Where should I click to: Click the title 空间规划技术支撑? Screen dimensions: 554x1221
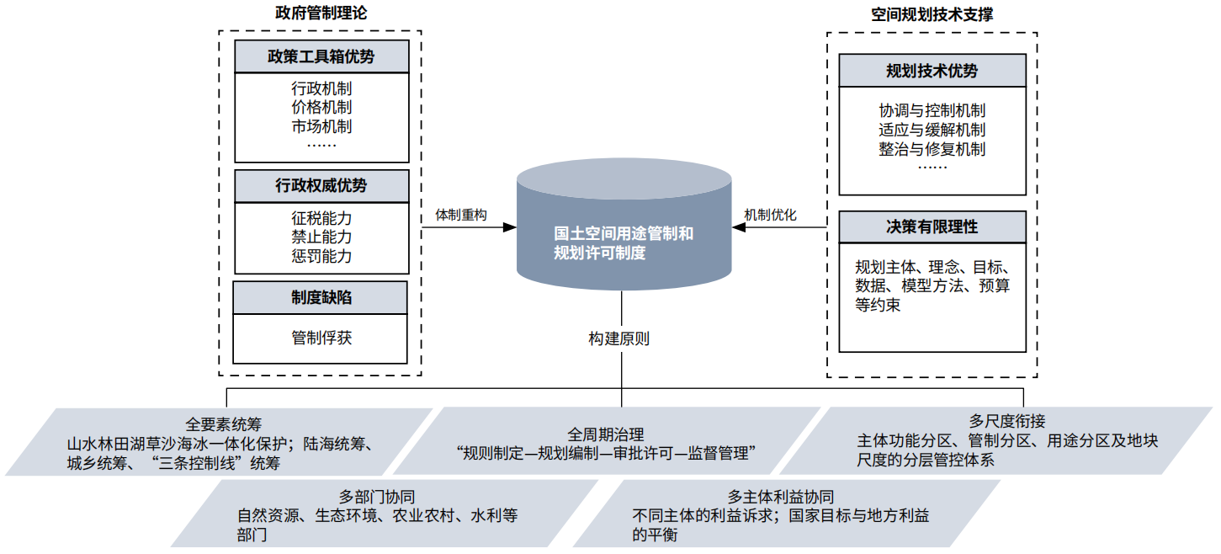pos(932,14)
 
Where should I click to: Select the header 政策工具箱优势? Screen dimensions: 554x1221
pos(321,57)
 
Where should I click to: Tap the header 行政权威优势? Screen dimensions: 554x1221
pos(321,186)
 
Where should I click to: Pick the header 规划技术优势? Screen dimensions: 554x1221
pos(932,71)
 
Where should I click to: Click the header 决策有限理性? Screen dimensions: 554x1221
pos(932,226)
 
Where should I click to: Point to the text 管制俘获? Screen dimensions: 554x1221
pos(321,338)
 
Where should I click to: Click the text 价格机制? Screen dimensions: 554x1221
pos(321,107)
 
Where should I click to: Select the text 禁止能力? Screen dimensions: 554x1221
pos(321,237)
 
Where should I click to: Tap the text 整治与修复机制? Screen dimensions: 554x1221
pos(932,149)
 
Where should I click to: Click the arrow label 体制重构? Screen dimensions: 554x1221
pos(461,215)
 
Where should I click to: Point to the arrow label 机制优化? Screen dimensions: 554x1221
pos(770,215)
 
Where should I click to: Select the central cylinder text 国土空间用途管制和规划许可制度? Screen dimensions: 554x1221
pos(624,242)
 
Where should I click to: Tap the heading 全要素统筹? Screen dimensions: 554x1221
pos(224,423)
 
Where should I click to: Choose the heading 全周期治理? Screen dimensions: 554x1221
pos(606,434)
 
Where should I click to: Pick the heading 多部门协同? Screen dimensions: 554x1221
pos(377,496)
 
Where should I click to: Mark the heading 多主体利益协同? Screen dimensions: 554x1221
pos(781,496)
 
